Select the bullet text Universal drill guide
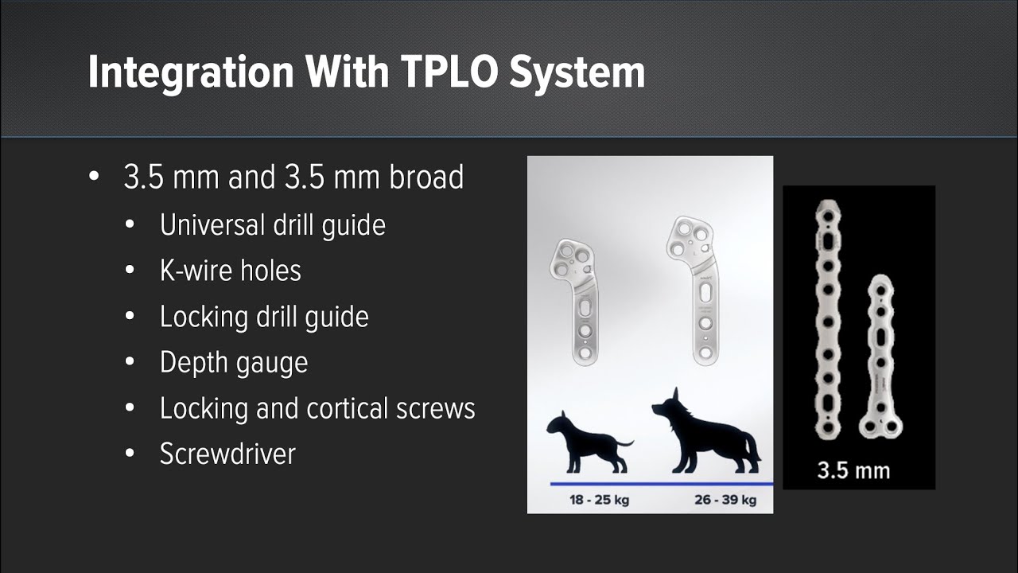(x=272, y=225)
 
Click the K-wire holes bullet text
(x=230, y=271)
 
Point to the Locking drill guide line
(x=264, y=317)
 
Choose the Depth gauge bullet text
(x=233, y=363)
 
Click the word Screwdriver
(x=227, y=454)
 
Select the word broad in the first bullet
(x=425, y=177)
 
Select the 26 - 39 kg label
(x=725, y=500)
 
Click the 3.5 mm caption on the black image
(x=853, y=470)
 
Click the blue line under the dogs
(x=661, y=483)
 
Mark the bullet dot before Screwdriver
(x=130, y=454)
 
